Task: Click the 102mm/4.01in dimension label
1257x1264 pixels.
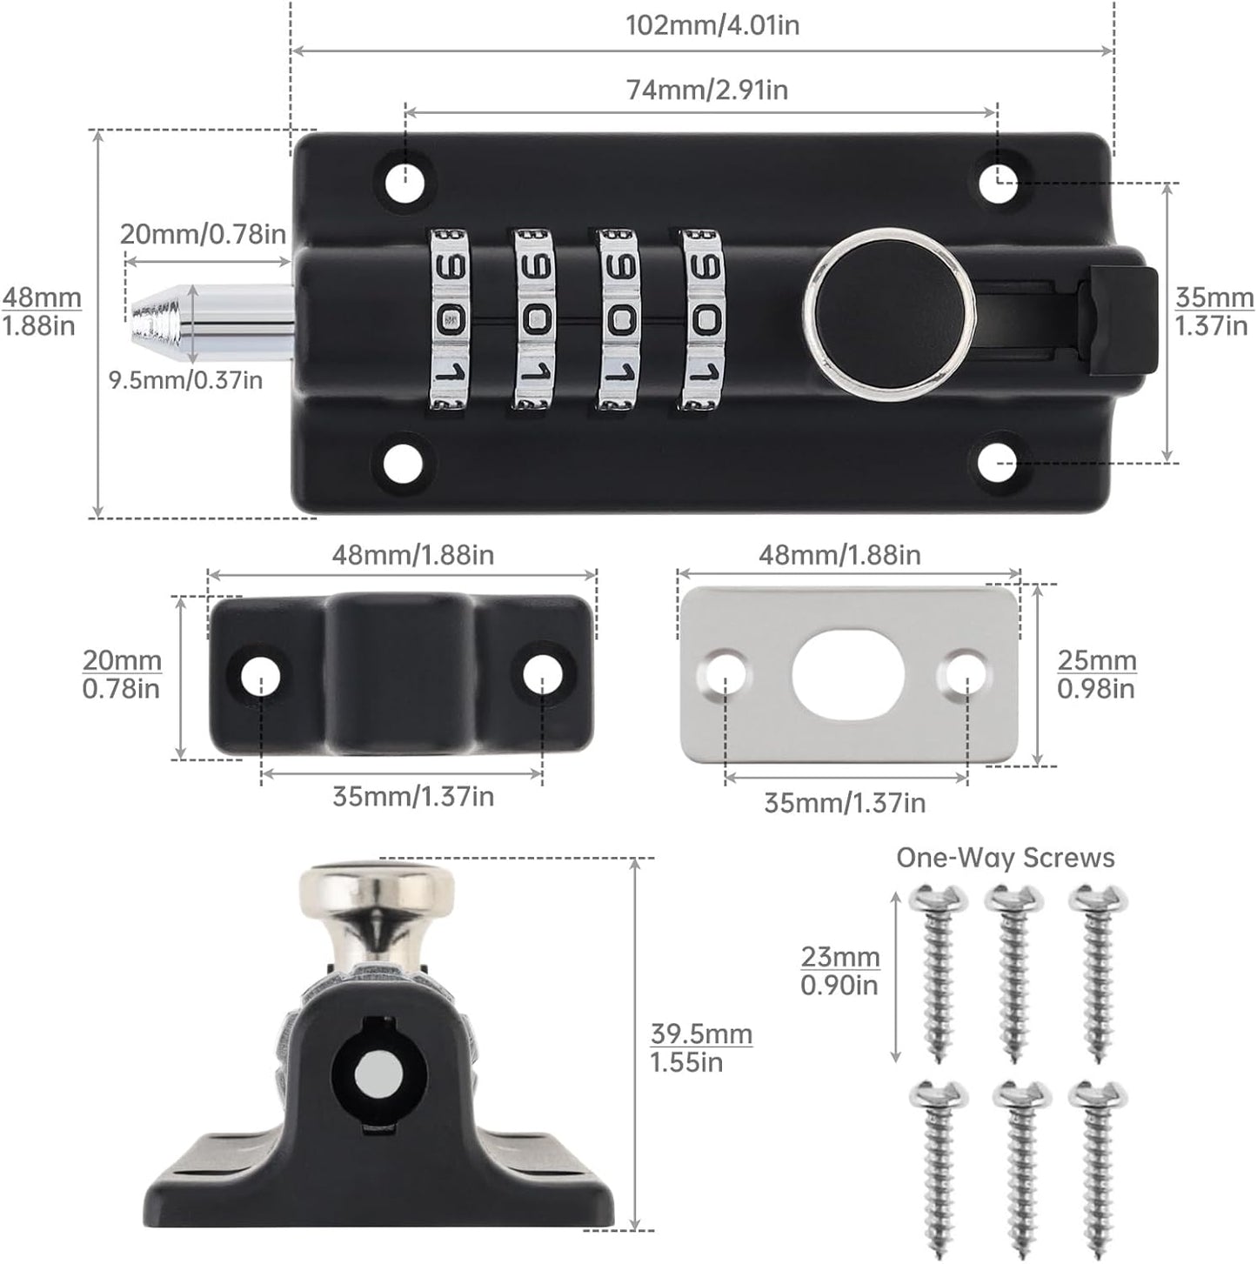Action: point(712,25)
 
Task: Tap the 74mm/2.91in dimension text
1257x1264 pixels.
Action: point(706,90)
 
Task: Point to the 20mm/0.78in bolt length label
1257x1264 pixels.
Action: point(203,234)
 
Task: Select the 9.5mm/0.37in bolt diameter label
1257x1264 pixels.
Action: point(185,380)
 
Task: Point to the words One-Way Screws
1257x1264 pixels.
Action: point(1005,858)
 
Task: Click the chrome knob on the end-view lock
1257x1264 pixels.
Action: point(377,896)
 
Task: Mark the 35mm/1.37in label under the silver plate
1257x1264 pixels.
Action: point(844,803)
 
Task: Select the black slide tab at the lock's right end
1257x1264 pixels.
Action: point(1118,321)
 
